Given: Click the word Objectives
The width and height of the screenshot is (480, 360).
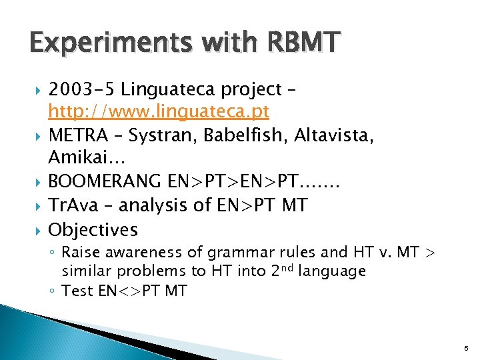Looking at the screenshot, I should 93,230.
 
